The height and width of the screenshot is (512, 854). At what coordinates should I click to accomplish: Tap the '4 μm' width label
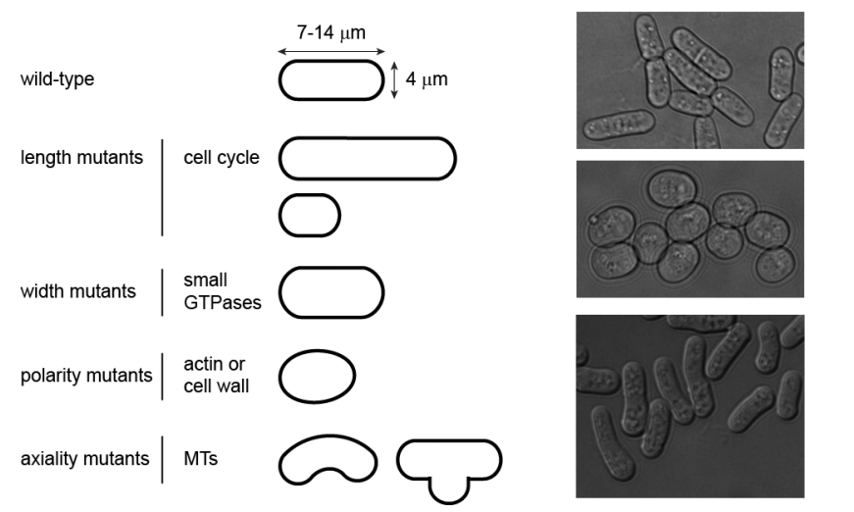tap(427, 79)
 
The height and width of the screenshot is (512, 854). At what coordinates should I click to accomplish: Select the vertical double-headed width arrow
tap(394, 80)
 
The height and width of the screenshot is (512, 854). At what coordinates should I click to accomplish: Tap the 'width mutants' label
tap(78, 291)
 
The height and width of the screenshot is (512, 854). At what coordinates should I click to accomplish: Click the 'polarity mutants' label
tap(85, 376)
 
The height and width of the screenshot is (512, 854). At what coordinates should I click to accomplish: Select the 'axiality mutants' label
tap(84, 458)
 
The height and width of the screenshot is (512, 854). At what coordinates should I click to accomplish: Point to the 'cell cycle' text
tap(222, 157)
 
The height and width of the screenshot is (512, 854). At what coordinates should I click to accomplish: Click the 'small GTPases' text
tap(223, 291)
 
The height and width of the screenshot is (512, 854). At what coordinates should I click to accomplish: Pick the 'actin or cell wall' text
tap(217, 376)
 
